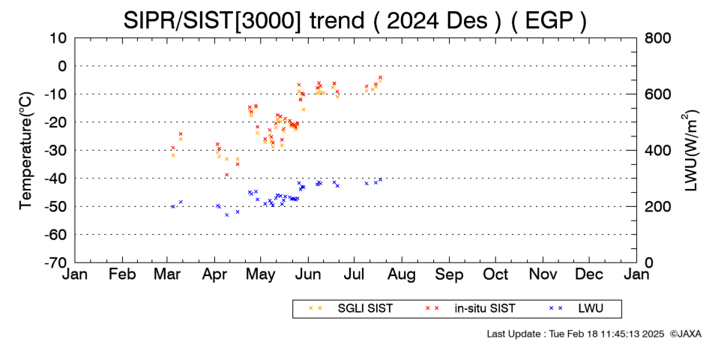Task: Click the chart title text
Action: click(x=355, y=20)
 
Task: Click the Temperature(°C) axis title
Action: click(x=26, y=151)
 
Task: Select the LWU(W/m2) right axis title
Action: click(x=689, y=150)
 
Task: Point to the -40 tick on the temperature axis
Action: click(x=56, y=178)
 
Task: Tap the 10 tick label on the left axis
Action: click(x=58, y=38)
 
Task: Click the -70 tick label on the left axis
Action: click(x=56, y=262)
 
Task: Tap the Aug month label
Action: click(x=402, y=274)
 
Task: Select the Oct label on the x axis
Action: click(x=495, y=274)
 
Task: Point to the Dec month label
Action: click(x=589, y=274)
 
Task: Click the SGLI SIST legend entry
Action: click(x=351, y=309)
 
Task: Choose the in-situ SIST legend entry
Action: click(x=471, y=309)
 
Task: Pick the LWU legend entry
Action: click(x=576, y=309)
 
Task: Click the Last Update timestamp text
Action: click(x=576, y=334)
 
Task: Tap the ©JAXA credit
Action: click(x=685, y=334)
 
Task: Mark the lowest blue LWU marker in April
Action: click(x=226, y=215)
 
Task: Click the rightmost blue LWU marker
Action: click(x=380, y=179)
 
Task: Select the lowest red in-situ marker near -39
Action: click(x=226, y=175)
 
